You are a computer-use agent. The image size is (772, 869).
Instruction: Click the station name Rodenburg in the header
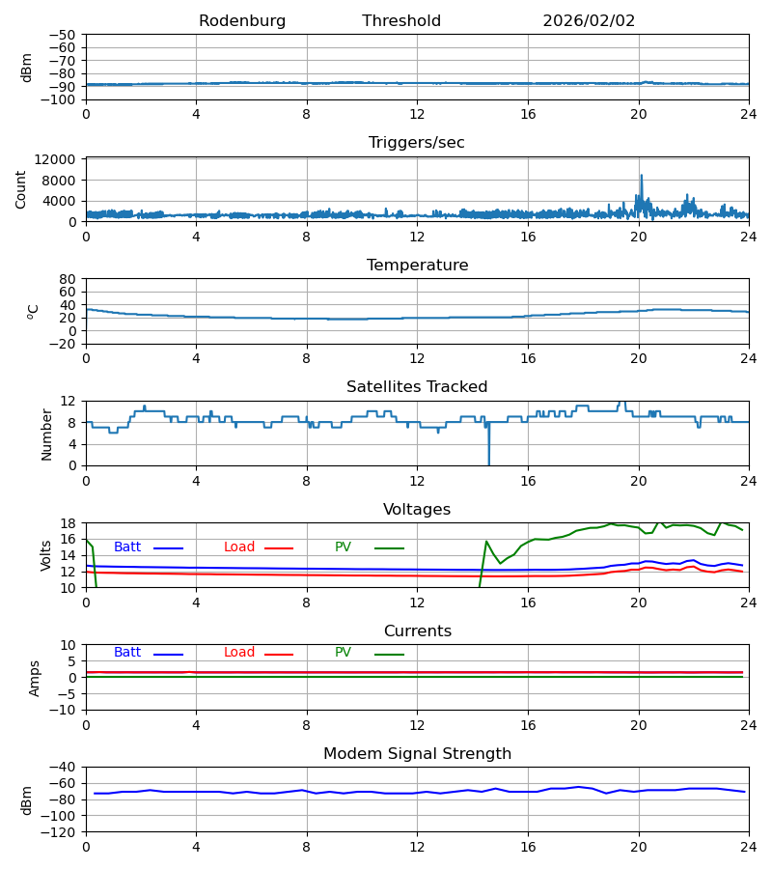242,21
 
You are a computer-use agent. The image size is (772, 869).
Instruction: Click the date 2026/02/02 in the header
589,21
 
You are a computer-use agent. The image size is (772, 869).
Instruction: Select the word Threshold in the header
401,21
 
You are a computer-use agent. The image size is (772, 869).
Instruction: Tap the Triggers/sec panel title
417,143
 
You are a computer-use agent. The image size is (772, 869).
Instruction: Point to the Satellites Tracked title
417,387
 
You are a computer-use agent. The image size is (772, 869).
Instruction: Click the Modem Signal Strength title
417,754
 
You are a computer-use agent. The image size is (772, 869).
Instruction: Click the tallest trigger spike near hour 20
641,177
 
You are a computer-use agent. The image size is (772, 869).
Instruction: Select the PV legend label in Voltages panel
343,547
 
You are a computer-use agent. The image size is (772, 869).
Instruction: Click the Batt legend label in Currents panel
127,653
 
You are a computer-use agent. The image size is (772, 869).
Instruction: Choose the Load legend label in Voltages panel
239,547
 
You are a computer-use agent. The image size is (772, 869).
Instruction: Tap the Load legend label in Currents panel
239,653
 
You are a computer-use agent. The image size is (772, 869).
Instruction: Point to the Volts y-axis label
46,555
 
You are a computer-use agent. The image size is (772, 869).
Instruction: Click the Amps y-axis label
36,678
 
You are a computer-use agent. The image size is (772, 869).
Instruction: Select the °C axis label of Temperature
34,311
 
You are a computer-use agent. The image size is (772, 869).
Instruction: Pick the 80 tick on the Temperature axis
68,279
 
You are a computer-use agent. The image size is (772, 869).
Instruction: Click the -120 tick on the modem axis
62,831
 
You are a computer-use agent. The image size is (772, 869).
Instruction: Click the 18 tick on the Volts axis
69,523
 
